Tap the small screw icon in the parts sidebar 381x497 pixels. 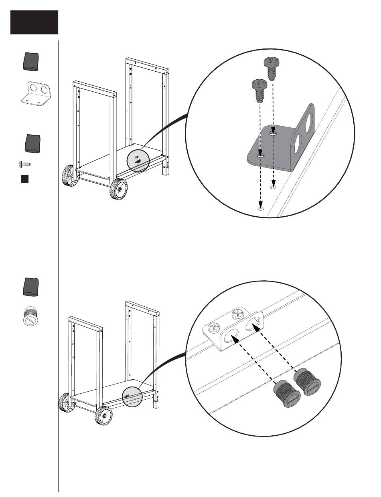(x=26, y=164)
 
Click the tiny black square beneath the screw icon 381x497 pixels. (x=24, y=179)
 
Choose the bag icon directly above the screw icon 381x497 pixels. (x=32, y=144)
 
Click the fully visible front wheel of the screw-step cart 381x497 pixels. (x=119, y=189)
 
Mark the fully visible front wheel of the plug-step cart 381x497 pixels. (x=103, y=417)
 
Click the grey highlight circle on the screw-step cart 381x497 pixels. (x=137, y=161)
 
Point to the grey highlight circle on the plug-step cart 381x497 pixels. (x=132, y=397)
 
